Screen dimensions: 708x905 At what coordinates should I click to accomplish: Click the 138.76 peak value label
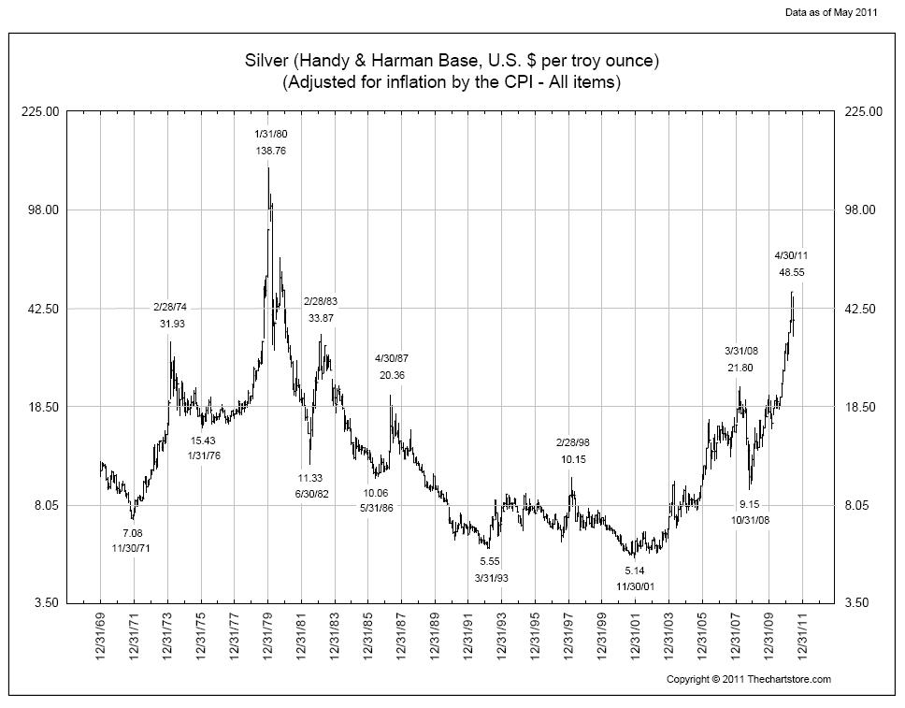point(270,150)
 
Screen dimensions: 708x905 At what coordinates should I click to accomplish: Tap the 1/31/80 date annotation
point(270,134)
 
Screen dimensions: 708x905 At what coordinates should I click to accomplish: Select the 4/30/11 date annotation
point(791,255)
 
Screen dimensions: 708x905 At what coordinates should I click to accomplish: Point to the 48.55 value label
point(791,272)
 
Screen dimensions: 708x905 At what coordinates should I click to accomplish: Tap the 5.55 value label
point(490,561)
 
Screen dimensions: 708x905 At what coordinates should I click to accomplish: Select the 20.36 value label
point(392,375)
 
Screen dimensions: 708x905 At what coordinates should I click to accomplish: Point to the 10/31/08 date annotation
point(750,520)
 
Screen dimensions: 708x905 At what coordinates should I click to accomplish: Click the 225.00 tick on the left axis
point(40,111)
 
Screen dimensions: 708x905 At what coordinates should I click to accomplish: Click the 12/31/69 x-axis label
point(101,638)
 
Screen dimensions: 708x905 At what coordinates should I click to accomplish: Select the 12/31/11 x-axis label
point(802,638)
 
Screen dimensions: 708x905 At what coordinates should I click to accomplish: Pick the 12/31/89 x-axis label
point(435,638)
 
